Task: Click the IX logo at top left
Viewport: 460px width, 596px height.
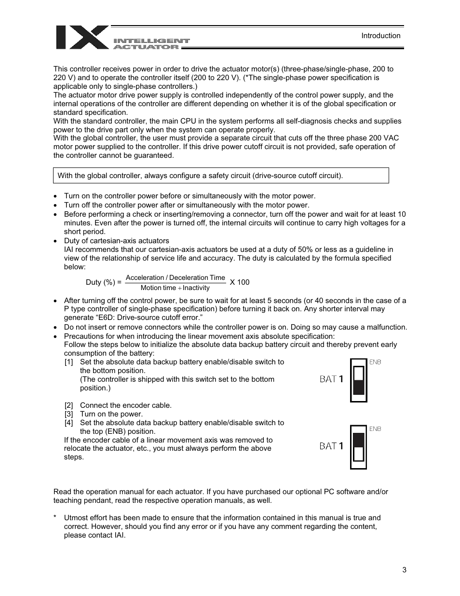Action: click(x=82, y=38)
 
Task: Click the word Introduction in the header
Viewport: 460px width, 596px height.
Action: click(x=381, y=36)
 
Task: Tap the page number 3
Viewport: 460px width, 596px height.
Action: click(x=404, y=570)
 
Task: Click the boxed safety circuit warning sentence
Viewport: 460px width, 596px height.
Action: click(x=200, y=176)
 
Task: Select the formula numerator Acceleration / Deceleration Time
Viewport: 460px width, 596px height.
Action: click(x=175, y=277)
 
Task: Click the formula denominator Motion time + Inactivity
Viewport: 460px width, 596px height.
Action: click(x=175, y=288)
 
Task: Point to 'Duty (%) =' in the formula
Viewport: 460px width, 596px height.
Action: click(x=103, y=282)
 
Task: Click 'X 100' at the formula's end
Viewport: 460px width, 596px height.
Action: click(x=240, y=282)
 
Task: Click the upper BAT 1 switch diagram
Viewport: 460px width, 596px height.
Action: click(x=358, y=380)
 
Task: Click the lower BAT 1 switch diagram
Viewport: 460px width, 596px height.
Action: click(x=358, y=447)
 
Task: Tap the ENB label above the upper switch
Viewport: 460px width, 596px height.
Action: click(x=375, y=362)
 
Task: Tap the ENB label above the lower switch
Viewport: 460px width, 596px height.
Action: click(x=375, y=429)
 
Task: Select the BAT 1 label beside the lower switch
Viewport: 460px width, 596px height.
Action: click(x=331, y=446)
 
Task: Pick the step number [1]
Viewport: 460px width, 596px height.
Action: click(x=69, y=362)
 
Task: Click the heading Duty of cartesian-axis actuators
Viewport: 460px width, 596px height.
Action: click(x=116, y=241)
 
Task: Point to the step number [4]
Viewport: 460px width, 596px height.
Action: click(x=69, y=423)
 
